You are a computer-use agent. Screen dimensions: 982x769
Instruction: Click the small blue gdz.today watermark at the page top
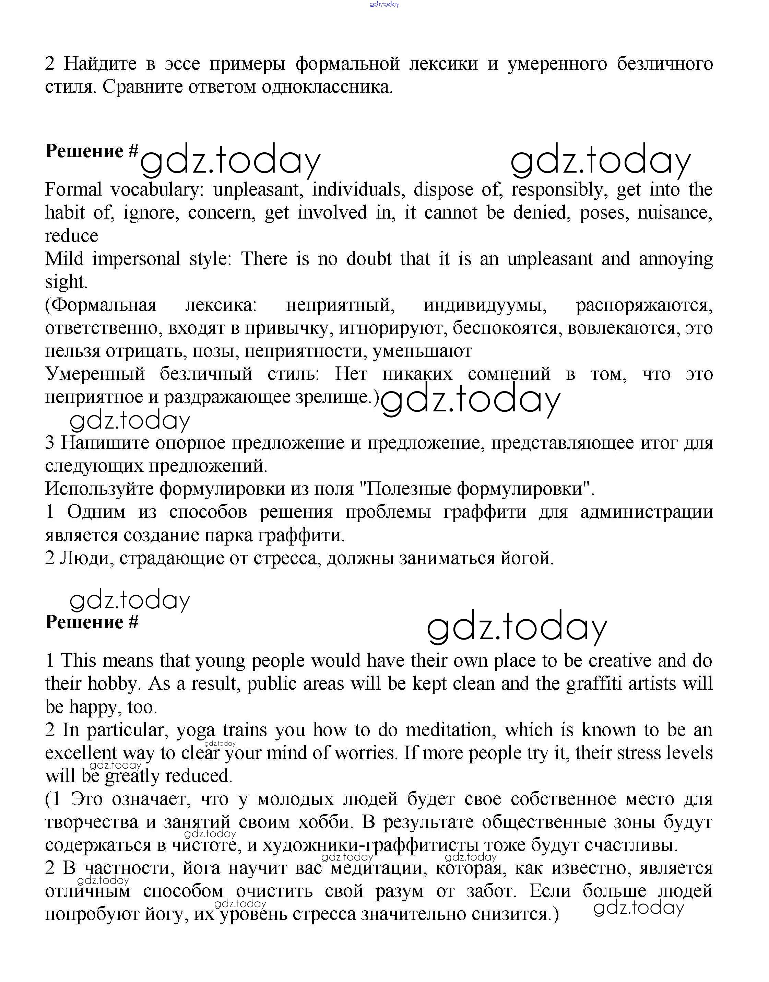[x=384, y=4]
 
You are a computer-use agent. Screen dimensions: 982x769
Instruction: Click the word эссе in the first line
[x=181, y=63]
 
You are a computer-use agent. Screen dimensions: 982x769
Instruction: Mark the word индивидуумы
[x=485, y=305]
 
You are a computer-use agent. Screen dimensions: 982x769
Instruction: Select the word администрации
[x=646, y=512]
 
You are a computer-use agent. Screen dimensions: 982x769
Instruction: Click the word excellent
[x=81, y=753]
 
